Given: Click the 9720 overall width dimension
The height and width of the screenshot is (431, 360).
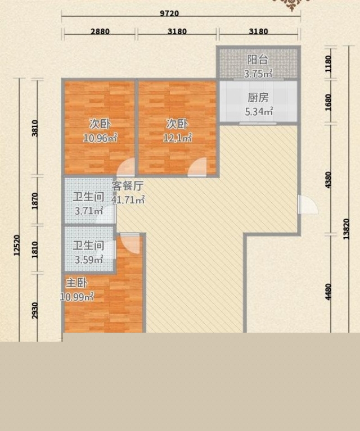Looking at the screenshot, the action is [x=169, y=13].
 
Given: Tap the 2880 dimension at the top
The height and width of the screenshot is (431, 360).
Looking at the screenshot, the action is [x=100, y=31].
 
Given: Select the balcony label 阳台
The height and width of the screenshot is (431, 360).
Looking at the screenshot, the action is [x=257, y=60].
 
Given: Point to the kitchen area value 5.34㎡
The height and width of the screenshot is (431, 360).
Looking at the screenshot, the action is [x=259, y=112].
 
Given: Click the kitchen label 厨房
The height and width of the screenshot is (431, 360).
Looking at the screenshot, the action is [x=258, y=98].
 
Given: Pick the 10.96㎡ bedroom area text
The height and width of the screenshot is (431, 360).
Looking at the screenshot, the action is [x=100, y=138].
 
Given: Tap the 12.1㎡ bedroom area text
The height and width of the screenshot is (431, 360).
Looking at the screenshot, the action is [x=178, y=138].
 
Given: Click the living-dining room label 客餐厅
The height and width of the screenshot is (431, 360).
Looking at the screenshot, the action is [x=128, y=186].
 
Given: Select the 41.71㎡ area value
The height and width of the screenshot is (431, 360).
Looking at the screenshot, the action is [x=128, y=200].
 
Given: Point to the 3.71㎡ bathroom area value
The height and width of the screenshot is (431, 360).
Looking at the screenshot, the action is [x=89, y=211].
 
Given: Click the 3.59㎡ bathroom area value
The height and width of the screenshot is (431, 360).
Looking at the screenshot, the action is [x=89, y=260].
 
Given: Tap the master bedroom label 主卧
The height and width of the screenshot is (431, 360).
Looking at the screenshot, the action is [x=77, y=283].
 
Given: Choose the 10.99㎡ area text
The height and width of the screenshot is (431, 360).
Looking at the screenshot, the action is [x=77, y=297].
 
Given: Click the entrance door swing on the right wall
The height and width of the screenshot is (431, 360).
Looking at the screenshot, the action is [x=308, y=205].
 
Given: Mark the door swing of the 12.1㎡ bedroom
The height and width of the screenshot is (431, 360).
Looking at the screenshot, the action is [x=197, y=167].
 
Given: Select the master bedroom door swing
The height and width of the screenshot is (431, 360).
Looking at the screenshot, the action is [x=130, y=243].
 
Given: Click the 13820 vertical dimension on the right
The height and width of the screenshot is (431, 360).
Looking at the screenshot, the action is [x=346, y=229].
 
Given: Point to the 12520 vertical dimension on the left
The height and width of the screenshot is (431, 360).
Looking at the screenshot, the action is [x=17, y=246].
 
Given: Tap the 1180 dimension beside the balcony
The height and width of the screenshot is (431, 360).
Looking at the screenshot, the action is [x=328, y=63].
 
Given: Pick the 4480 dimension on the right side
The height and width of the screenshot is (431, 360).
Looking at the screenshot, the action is [x=328, y=292].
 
